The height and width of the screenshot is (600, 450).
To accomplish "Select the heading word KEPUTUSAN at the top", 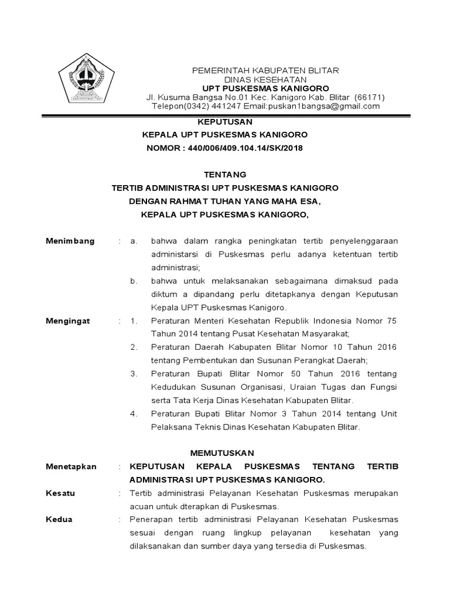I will pos(225,122).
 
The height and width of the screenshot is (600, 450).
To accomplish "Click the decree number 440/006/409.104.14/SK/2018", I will pos(246,148).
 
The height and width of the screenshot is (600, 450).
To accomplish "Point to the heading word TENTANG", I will pos(225,175).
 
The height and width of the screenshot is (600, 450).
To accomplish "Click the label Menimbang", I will pos(70,241).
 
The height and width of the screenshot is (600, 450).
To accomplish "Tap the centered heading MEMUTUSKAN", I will pos(225,453).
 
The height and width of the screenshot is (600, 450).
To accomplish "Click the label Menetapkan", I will pos(71,466).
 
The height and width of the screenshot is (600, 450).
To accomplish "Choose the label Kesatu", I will pos(60,493).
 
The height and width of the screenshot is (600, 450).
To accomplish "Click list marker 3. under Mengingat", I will pos(134,374).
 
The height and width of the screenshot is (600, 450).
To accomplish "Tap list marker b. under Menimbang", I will pos(134,281).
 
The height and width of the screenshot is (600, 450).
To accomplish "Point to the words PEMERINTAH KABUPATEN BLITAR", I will pos(266,70).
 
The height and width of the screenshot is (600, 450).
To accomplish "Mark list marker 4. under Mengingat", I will pos(134,414).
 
